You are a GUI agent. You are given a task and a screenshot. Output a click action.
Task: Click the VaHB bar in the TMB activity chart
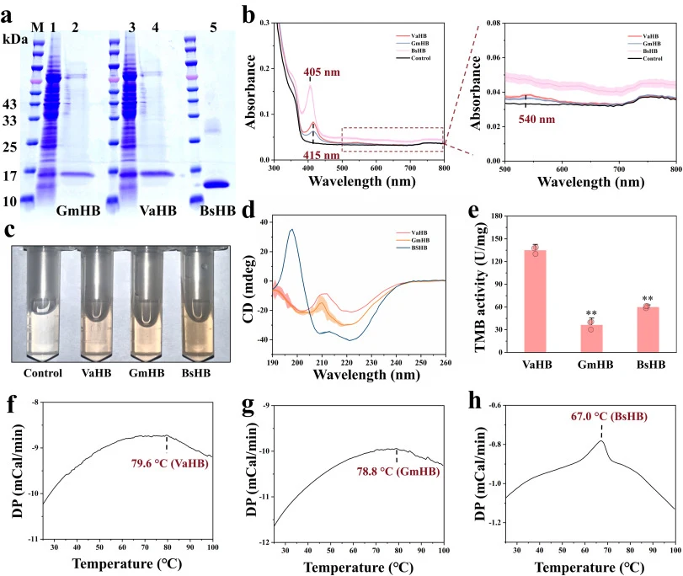(x=535, y=301)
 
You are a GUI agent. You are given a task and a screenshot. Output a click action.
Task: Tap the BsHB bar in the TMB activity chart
(x=648, y=329)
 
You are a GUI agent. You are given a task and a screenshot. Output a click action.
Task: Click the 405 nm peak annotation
(x=322, y=72)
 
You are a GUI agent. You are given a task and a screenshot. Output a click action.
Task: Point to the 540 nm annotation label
(x=536, y=120)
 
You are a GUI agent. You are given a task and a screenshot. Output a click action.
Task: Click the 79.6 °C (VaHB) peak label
(x=170, y=463)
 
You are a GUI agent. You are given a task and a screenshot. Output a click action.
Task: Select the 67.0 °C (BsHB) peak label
(x=609, y=417)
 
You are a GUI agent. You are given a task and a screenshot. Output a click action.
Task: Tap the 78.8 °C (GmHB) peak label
(x=398, y=472)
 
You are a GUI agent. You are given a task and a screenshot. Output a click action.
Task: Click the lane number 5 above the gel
(x=213, y=28)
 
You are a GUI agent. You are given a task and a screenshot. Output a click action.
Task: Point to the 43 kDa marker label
(x=9, y=104)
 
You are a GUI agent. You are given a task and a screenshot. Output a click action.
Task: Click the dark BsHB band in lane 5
(x=216, y=184)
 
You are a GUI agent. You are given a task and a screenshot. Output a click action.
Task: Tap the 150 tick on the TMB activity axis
(x=497, y=239)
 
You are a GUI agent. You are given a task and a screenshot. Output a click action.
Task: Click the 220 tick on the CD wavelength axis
(x=347, y=362)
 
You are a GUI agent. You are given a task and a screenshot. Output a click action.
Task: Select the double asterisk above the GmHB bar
(x=591, y=313)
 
